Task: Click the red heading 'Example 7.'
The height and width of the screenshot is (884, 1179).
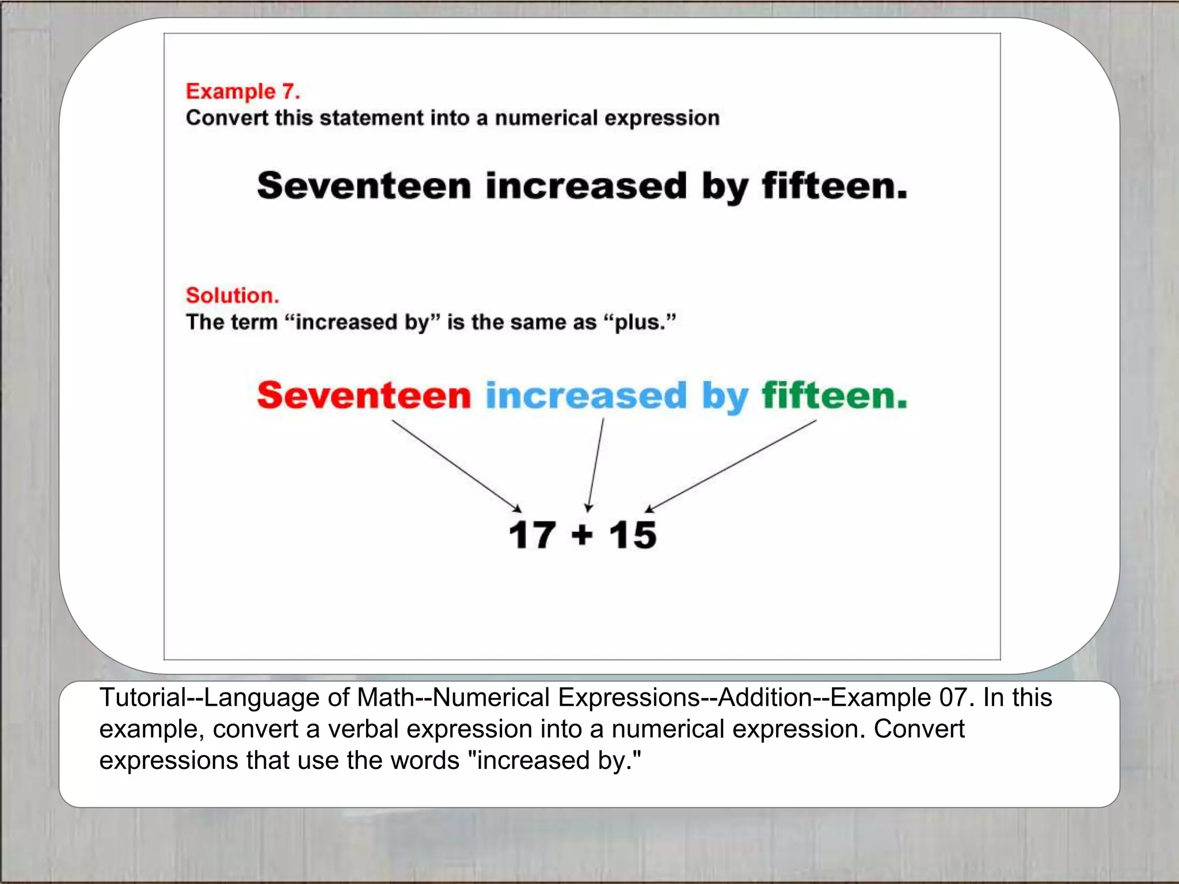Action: (242, 92)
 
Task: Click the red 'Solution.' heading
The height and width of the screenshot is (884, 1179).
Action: (232, 295)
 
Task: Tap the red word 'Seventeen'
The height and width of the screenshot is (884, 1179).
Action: (364, 395)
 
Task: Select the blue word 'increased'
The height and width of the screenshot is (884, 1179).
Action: (586, 395)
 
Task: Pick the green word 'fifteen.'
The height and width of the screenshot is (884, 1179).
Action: (834, 395)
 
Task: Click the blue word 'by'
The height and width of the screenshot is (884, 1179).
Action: (725, 397)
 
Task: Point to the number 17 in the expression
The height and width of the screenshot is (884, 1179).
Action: (532, 535)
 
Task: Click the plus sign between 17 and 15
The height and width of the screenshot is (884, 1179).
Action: (582, 535)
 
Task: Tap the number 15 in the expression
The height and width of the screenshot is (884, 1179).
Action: (633, 535)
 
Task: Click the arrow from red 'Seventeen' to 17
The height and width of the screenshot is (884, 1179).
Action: (456, 466)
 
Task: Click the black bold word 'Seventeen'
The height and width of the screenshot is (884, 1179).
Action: (364, 186)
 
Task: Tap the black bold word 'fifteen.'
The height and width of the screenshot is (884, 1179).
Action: (834, 186)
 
